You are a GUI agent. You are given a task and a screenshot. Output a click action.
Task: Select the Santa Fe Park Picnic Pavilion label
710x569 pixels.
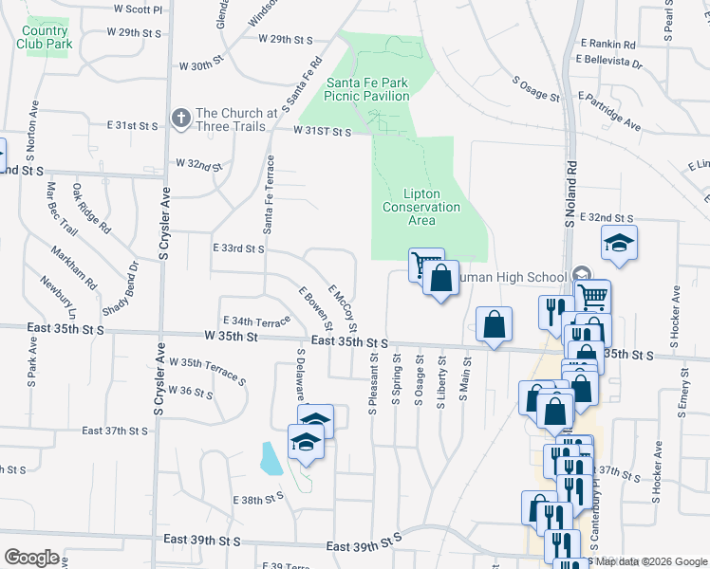[368, 89]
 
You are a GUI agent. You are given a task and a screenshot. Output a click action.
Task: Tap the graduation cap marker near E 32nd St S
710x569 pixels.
[619, 245]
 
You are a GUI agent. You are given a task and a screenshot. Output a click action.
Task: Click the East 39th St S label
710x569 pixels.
[364, 547]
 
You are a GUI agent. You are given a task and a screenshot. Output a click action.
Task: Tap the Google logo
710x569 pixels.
[31, 558]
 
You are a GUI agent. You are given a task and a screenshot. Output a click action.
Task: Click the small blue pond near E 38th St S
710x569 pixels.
[271, 459]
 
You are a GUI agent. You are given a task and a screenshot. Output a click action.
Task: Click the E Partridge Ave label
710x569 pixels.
[608, 112]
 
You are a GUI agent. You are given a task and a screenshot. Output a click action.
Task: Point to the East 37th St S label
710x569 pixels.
[115, 431]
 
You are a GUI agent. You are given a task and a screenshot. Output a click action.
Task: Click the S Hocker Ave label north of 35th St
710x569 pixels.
[676, 314]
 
